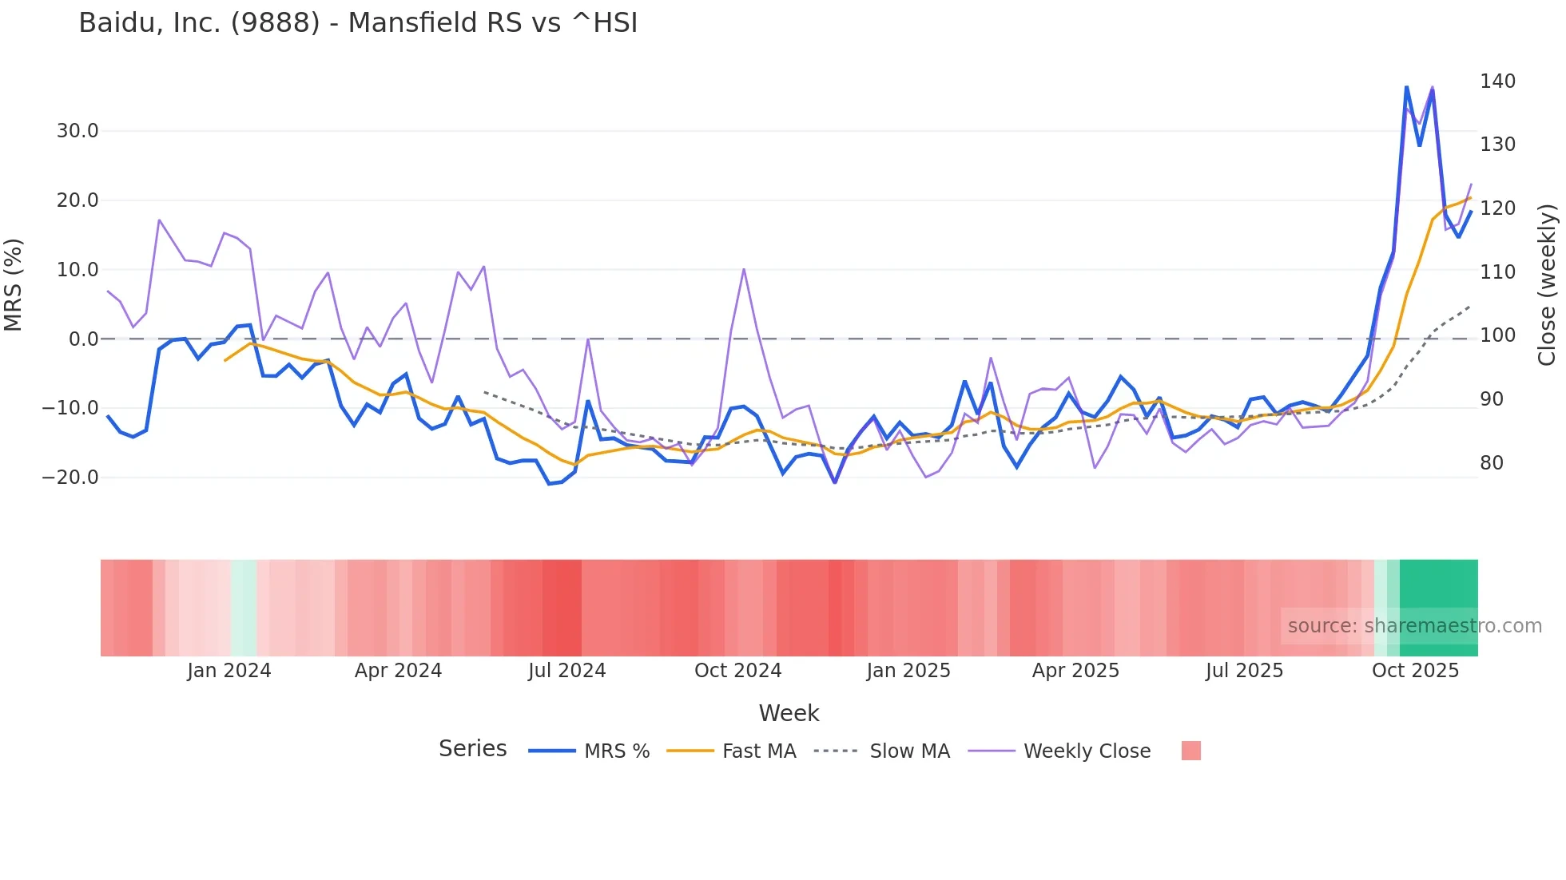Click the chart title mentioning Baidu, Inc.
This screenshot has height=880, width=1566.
358,23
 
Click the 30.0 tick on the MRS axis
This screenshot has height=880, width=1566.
78,131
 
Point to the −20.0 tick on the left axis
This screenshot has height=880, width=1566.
70,478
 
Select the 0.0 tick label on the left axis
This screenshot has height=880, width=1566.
83,339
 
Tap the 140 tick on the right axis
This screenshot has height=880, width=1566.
1497,81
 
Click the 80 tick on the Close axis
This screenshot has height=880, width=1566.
1491,463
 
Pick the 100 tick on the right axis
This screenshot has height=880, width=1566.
1497,335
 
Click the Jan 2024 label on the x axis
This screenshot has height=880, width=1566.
229,671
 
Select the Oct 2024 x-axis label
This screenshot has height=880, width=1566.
737,671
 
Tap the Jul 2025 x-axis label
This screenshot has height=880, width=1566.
1244,671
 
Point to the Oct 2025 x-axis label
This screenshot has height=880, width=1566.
1415,671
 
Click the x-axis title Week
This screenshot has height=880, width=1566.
789,713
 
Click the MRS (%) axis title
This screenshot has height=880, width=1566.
14,285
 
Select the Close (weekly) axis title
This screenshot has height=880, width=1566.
1548,285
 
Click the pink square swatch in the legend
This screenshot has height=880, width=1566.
1190,751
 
